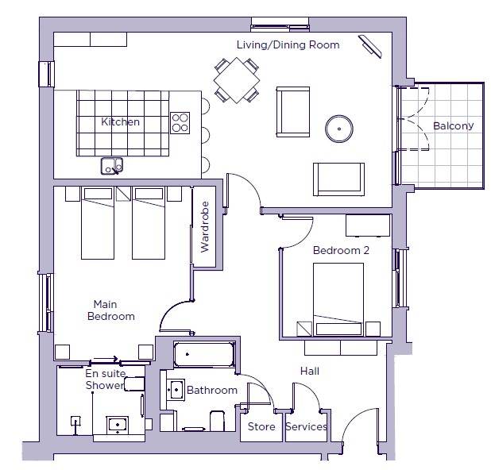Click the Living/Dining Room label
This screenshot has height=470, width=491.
point(288,45)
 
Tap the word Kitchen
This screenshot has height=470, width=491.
point(120,121)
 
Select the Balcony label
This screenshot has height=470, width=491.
point(453,126)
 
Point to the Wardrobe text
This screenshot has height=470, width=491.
point(205,227)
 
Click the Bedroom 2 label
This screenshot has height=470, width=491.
point(341,250)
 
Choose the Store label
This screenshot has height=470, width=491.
point(261,426)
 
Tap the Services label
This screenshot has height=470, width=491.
point(306,426)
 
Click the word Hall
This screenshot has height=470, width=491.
point(310,371)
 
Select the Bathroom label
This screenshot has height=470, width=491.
point(212,390)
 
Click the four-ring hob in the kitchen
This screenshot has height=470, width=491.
point(180,123)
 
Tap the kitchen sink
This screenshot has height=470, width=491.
point(112,166)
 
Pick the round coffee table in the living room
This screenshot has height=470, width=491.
point(339,129)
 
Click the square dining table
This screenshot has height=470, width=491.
point(237,80)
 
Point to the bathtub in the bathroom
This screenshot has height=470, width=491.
point(204,354)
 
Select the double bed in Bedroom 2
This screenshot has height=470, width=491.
point(338,299)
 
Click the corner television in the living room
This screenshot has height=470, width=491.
point(370,46)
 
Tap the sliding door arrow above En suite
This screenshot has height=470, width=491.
point(106,359)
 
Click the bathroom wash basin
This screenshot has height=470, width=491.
point(176,390)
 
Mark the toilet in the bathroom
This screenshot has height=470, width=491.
point(218,421)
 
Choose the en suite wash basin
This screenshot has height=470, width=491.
point(118,425)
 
